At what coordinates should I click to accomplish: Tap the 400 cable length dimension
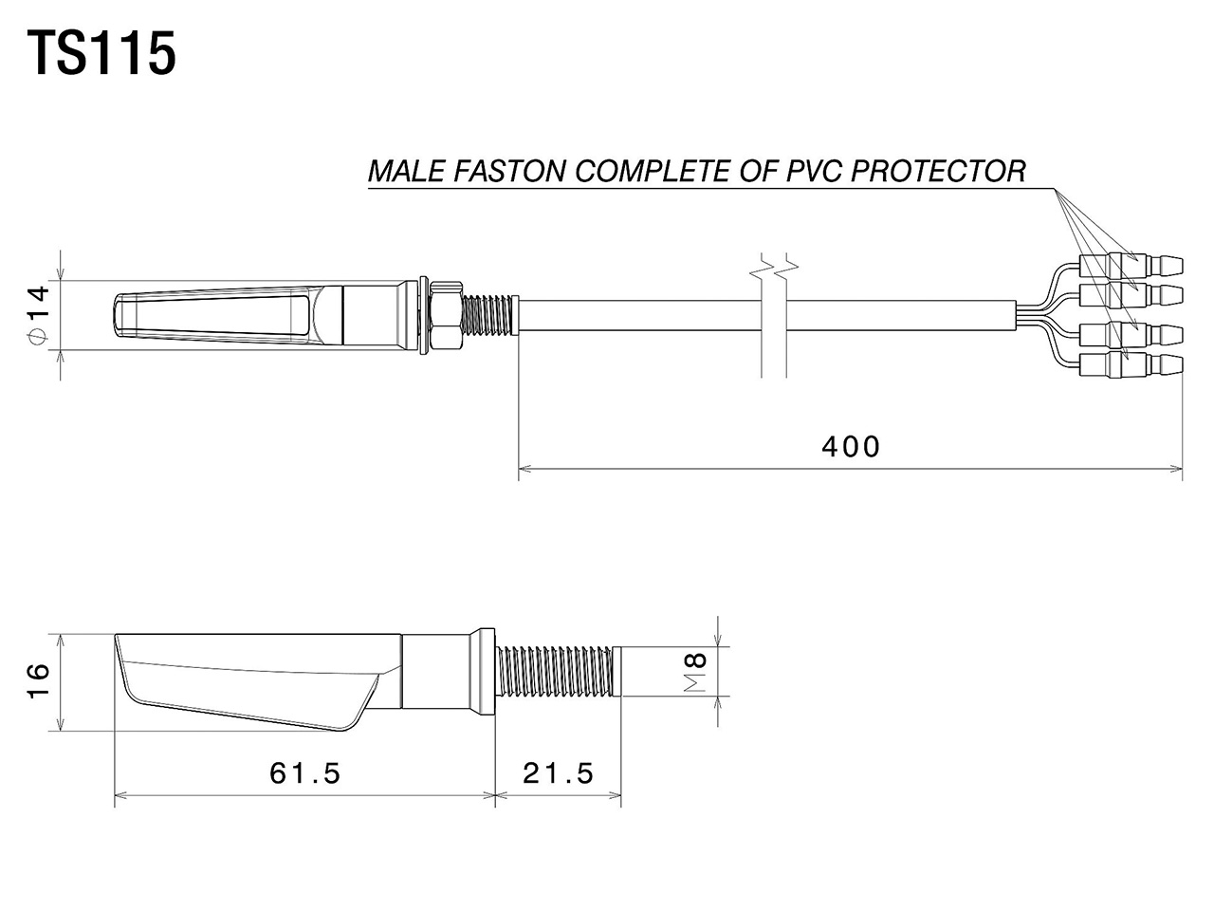[851, 446]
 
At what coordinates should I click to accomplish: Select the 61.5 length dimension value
[304, 773]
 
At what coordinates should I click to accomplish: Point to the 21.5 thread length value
[559, 773]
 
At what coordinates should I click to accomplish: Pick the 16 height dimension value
[37, 682]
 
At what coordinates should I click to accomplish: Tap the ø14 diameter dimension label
[36, 317]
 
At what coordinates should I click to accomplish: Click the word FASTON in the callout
[512, 172]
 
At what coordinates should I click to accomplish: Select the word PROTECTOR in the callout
[938, 172]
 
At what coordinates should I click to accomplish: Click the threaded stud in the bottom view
[557, 671]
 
